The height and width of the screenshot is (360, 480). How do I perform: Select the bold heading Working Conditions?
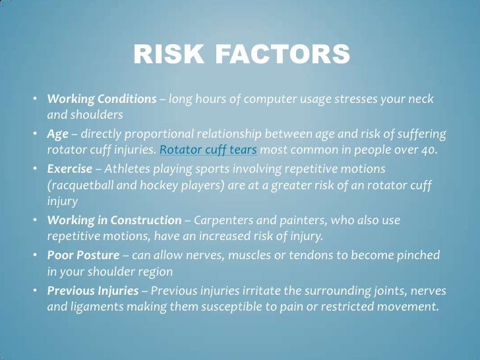pos(102,99)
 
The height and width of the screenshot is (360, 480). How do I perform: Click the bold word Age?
pos(57,134)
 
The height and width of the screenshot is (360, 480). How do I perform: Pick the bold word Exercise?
pos(70,169)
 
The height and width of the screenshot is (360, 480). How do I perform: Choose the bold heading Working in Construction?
pos(114,220)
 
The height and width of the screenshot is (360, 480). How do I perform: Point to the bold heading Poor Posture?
pos(82,255)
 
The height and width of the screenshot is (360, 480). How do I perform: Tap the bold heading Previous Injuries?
pos(93,290)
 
